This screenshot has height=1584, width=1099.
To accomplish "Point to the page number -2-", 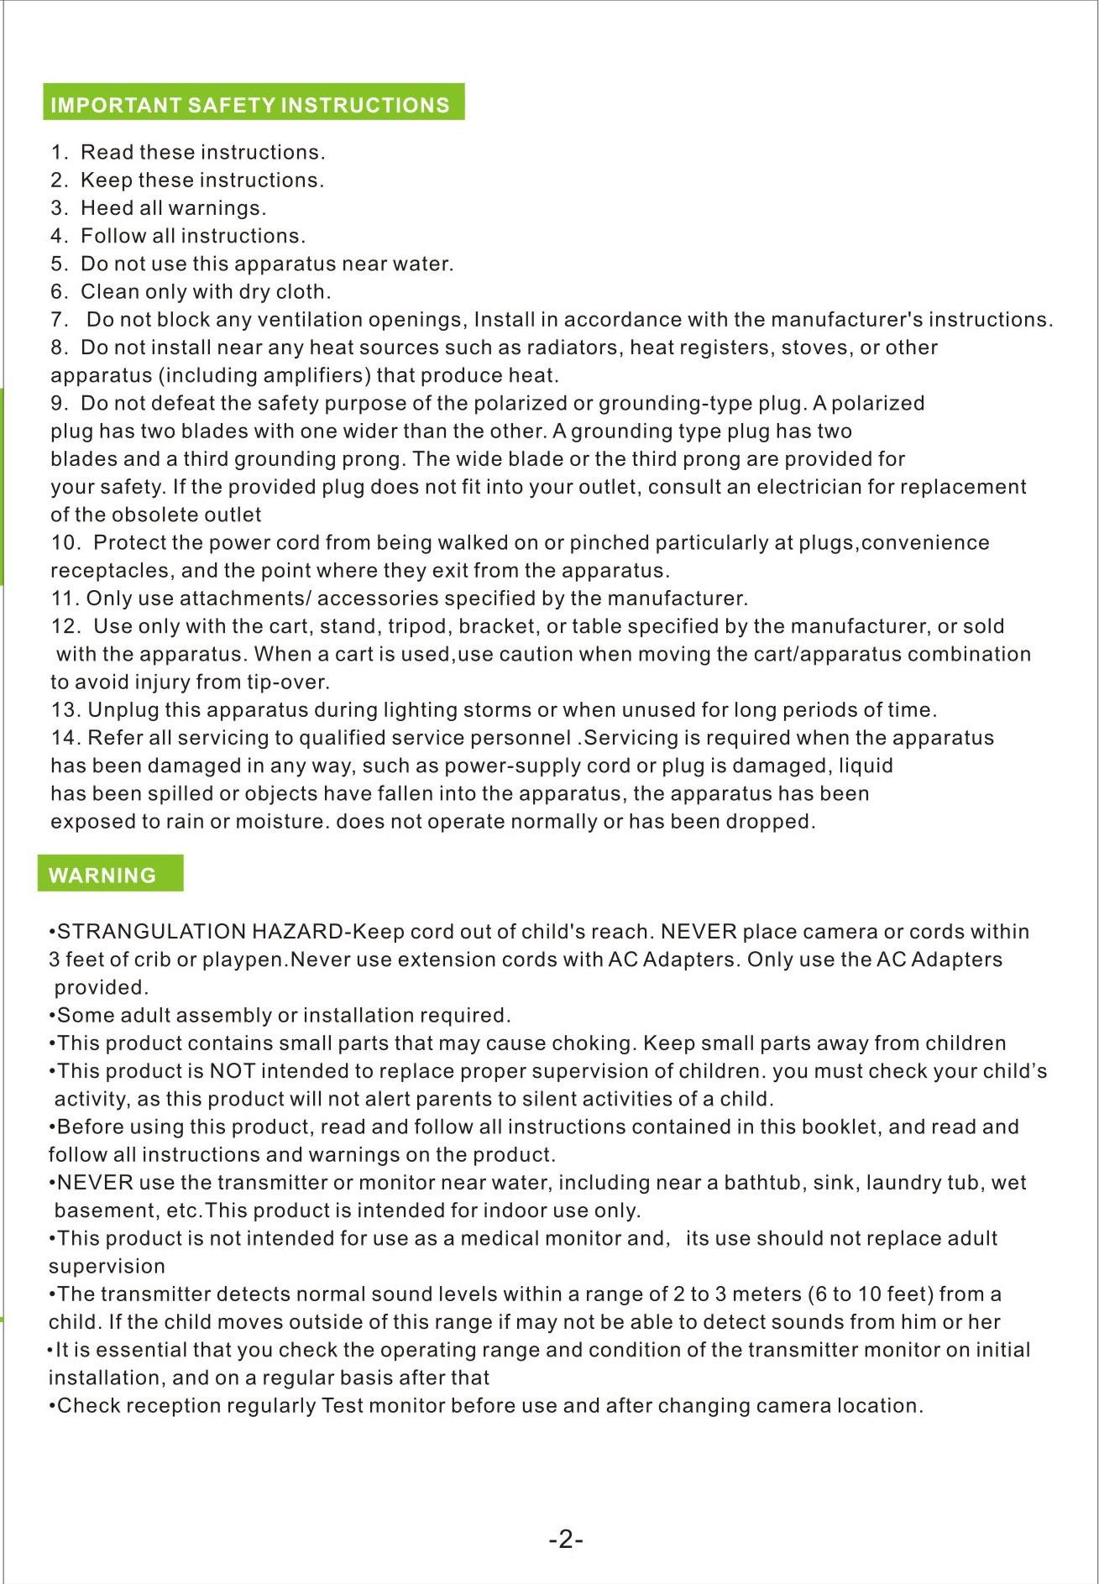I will [566, 1540].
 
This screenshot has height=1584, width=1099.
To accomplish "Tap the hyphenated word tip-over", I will [286, 682].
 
